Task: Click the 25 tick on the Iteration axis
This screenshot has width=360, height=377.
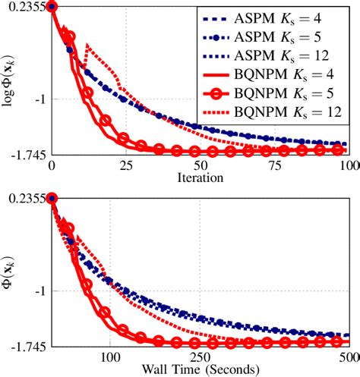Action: (125, 165)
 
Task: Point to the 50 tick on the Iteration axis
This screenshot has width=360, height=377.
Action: (200, 165)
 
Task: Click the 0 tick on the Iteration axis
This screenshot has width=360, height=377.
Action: (52, 165)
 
